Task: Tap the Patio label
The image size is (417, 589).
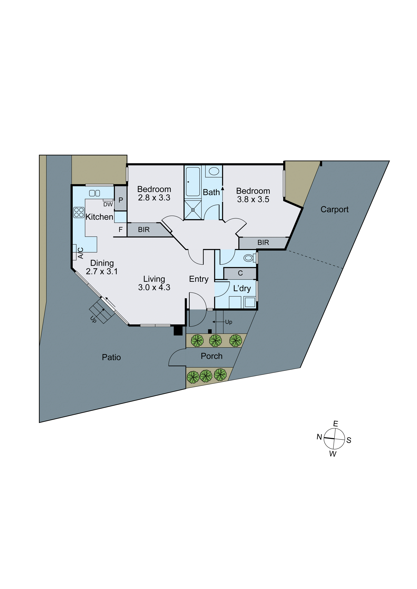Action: tap(111, 357)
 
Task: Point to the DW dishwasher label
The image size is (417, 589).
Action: tap(108, 204)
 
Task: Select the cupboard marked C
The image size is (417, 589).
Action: tap(240, 273)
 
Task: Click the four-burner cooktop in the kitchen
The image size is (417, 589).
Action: tap(79, 212)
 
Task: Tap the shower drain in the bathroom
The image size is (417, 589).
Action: tap(193, 210)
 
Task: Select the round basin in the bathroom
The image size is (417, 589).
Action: tap(214, 171)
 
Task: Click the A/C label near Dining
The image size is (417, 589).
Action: tap(80, 253)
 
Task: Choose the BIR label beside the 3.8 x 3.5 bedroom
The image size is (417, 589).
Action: tap(263, 243)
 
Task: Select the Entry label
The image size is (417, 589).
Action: tap(199, 279)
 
